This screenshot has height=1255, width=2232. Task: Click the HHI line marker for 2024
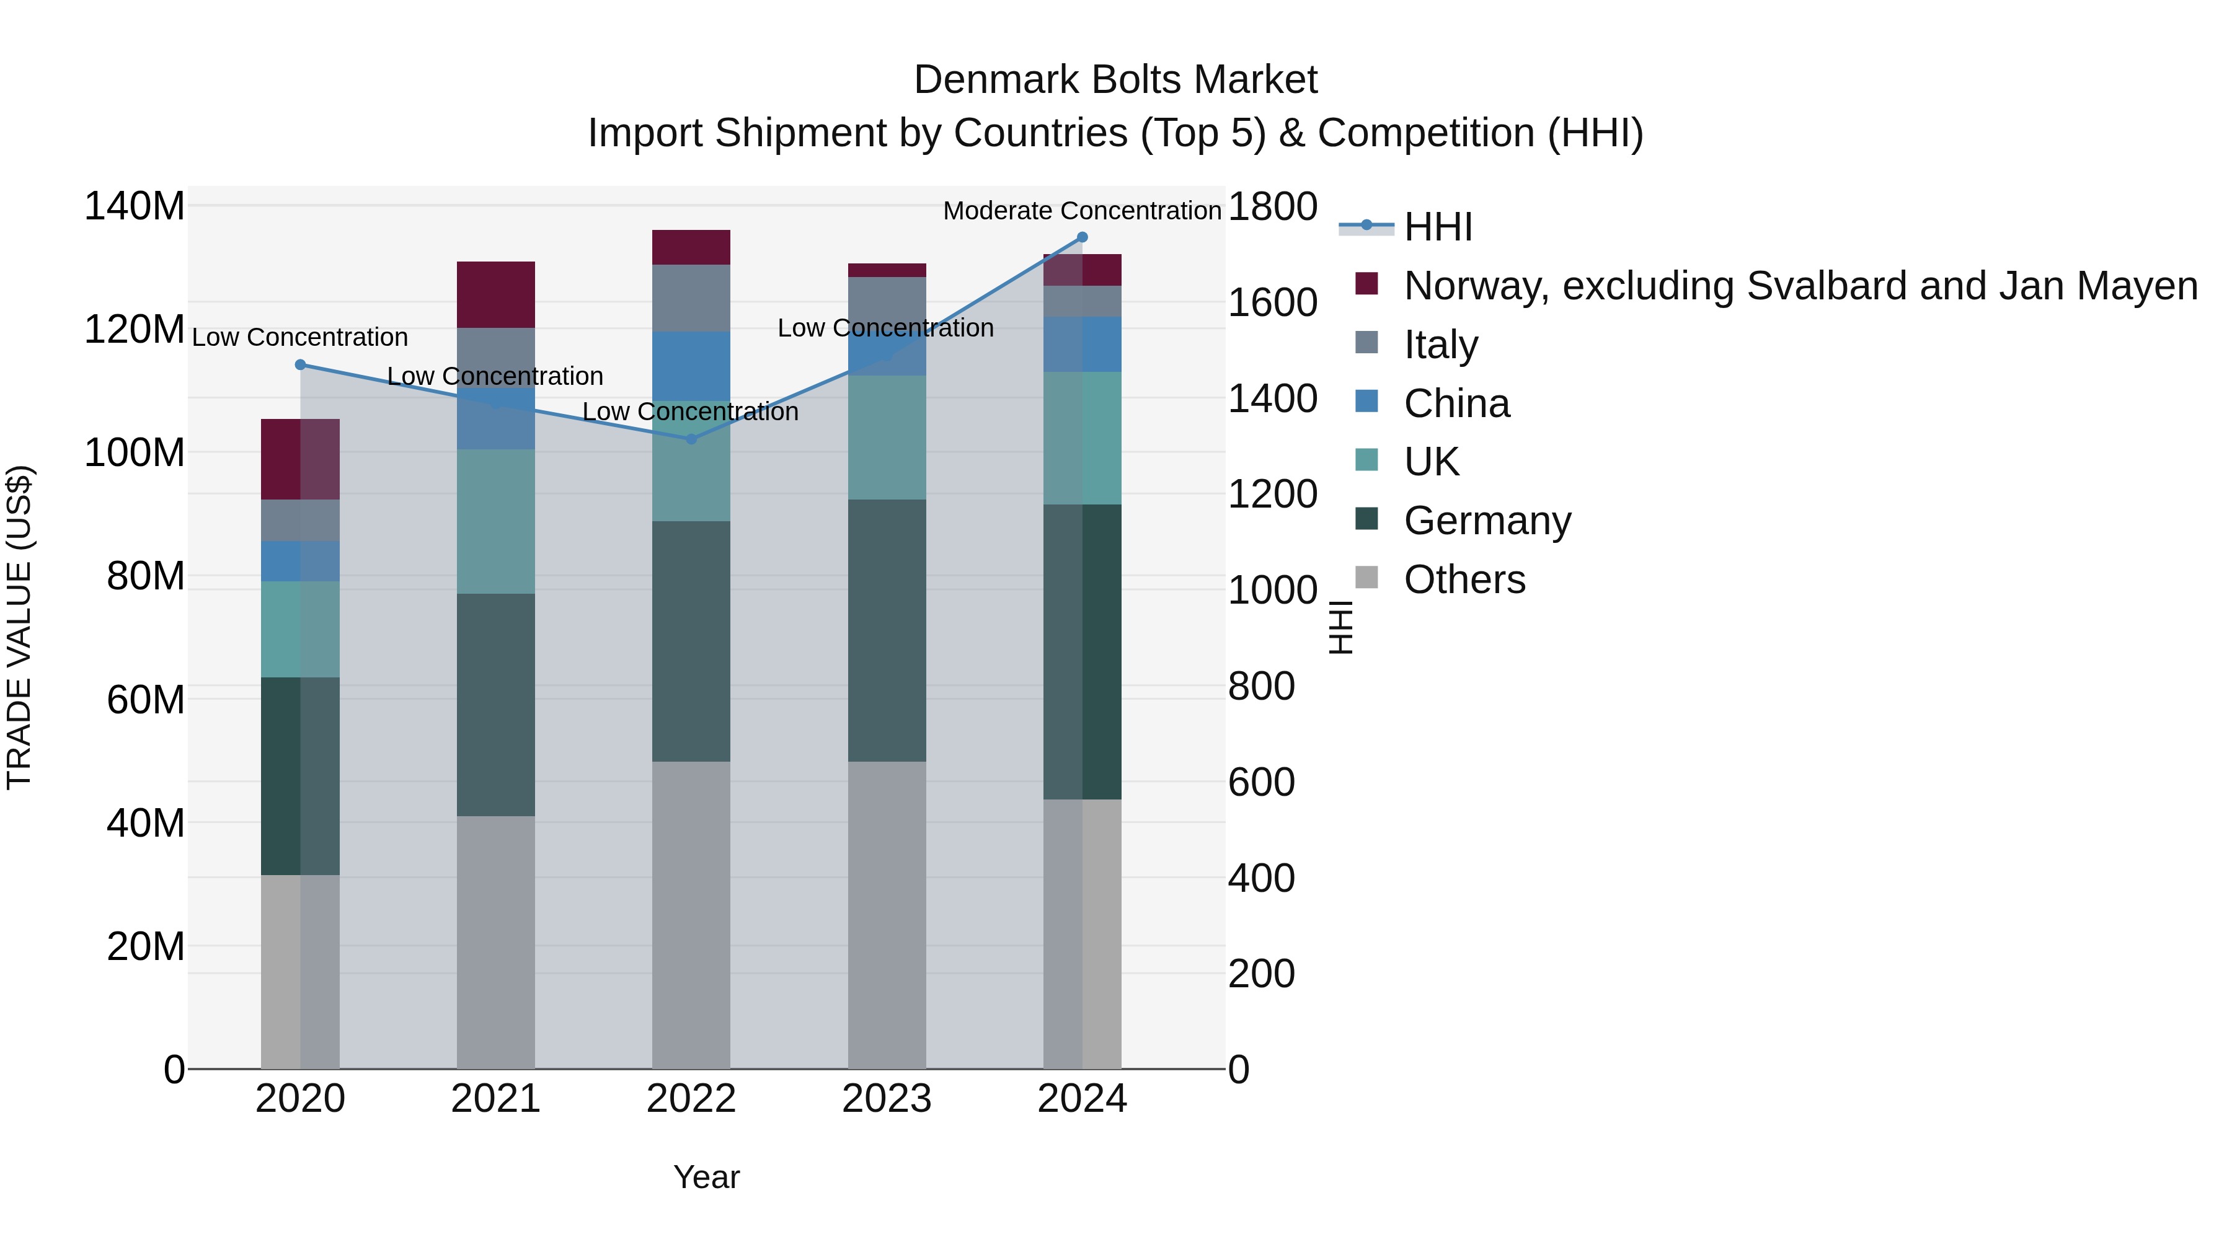pos(1081,237)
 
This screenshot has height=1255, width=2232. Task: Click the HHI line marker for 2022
pos(691,439)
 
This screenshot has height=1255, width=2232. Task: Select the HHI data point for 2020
pos(301,364)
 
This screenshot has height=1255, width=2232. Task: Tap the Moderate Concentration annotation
pos(1081,211)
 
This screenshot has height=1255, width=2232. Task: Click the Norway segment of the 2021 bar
pos(495,294)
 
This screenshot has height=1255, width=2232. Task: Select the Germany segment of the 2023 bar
pos(887,630)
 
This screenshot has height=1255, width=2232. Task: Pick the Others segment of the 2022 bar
pos(691,915)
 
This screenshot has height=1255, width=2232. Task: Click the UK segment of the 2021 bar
pos(495,521)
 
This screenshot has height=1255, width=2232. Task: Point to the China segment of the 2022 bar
pos(691,366)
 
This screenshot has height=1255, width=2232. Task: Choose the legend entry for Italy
pos(1440,345)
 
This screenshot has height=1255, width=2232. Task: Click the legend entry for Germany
pos(1487,521)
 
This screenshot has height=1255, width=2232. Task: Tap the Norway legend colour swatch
pos(1366,284)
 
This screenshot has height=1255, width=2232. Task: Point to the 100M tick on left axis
pos(135,453)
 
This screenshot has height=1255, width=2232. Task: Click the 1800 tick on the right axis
pos(1272,207)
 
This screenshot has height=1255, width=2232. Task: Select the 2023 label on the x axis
pos(887,1099)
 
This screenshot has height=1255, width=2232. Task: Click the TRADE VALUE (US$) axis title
pos(20,627)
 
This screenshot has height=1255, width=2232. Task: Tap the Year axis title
pos(706,1177)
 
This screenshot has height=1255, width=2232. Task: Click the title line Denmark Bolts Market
pos(1115,80)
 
